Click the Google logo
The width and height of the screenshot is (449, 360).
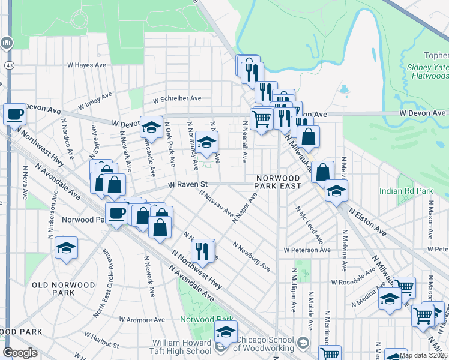(x=20, y=353)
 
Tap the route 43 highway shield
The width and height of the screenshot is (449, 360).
(x=10, y=64)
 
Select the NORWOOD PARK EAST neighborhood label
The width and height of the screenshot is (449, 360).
(x=277, y=182)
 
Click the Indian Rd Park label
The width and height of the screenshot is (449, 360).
(x=406, y=191)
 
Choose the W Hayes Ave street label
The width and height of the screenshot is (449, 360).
(x=86, y=64)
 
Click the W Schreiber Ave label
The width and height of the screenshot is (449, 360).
(x=177, y=98)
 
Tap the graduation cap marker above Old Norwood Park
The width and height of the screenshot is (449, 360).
(x=66, y=247)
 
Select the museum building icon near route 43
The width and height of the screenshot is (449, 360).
(x=7, y=43)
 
